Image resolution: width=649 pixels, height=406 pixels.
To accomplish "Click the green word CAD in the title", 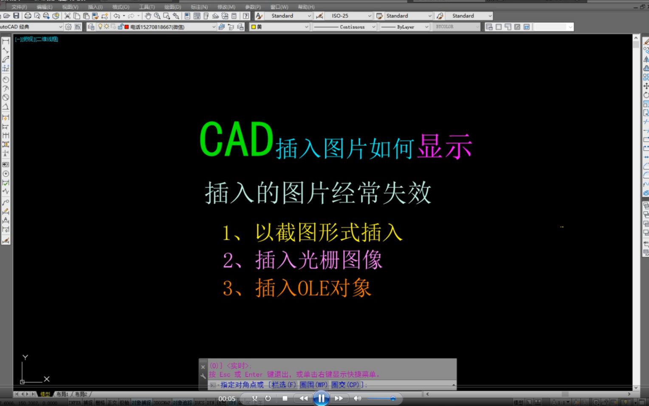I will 236,139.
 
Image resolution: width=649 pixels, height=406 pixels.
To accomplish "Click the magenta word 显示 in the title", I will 444,147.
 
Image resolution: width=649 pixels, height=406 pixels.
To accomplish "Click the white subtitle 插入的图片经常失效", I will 318,193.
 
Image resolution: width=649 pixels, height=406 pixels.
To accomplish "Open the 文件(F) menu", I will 19,7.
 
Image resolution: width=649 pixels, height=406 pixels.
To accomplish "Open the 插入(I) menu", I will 95,7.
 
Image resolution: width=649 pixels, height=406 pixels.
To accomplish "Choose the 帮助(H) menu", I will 306,7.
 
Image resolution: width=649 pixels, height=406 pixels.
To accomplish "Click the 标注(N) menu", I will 199,7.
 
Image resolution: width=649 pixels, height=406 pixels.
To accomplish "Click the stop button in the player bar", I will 285,398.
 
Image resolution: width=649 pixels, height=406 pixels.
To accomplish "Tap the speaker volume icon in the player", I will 357,398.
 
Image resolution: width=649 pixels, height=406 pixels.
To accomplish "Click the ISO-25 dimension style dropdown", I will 349,16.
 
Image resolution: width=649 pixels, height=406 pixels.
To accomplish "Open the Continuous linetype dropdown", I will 344,27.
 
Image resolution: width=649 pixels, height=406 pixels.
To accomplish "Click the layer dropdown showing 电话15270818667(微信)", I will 170,27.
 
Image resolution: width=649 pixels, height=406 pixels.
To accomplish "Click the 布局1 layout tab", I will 62,394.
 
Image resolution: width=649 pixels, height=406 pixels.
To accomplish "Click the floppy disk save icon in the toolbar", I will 16,16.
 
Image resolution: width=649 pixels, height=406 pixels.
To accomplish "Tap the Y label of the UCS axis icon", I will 25,358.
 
